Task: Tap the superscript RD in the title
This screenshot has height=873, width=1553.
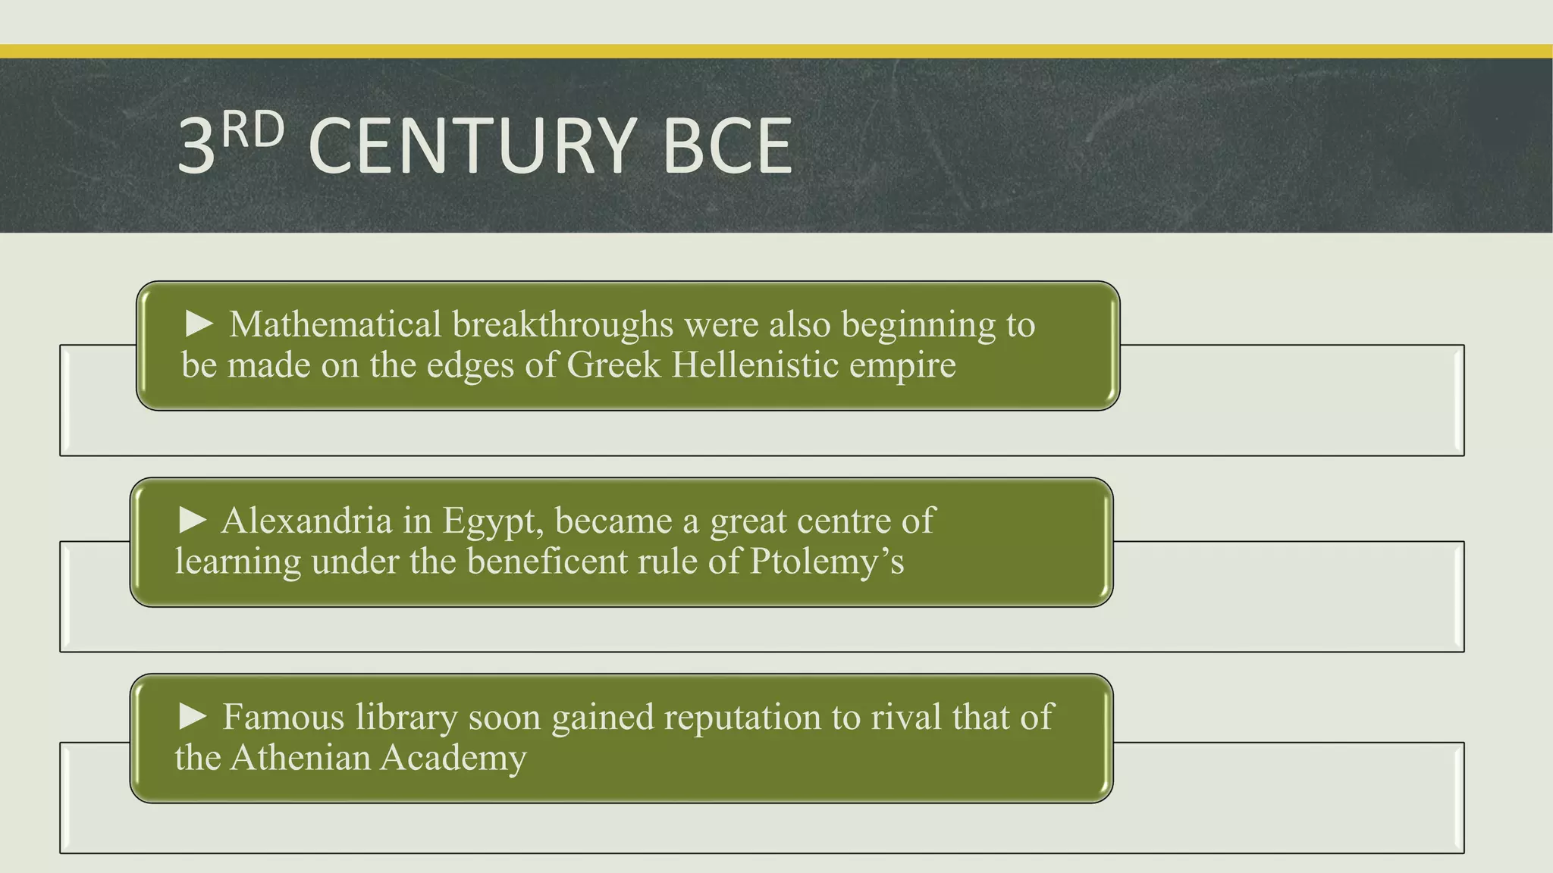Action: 254,130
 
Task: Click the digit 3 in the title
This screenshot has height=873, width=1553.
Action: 196,147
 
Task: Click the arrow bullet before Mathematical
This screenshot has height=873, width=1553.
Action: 200,324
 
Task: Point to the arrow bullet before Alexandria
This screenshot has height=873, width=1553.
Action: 193,520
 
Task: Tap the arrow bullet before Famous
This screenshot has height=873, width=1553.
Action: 193,716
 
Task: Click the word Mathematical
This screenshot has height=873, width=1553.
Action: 335,324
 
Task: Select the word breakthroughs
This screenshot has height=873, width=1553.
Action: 563,324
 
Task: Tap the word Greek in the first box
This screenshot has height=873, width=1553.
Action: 613,365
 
